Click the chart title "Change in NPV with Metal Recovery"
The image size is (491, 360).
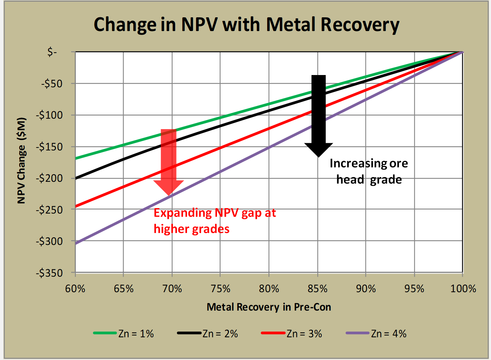pos(246,25)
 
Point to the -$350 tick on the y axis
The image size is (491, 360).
pos(49,273)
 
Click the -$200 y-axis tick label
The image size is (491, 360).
pos(49,178)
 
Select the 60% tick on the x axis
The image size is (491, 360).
pos(75,289)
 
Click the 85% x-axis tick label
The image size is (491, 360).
pos(318,289)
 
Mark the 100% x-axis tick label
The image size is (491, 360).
pos(463,289)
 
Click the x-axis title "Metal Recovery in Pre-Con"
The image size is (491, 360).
pos(269,307)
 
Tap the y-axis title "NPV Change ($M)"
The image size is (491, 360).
pos(22,161)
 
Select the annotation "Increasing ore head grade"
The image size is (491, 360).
pos(369,171)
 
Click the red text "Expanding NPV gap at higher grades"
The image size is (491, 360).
pos(215,221)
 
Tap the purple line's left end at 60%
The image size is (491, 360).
pos(76,243)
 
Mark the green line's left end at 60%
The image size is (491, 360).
pos(76,158)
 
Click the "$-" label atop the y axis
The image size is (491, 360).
pos(52,52)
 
